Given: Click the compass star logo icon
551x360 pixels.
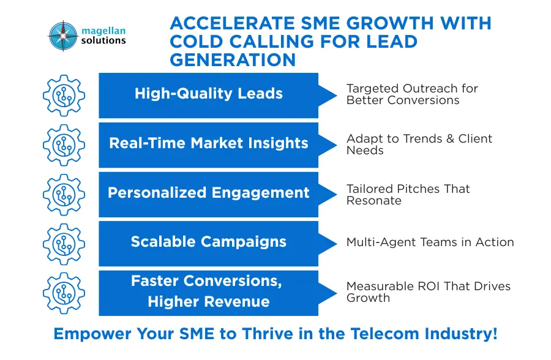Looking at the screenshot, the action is click(x=63, y=36).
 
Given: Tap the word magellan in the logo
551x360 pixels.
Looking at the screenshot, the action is click(x=103, y=31).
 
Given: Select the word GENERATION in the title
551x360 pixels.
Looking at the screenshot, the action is click(x=233, y=59).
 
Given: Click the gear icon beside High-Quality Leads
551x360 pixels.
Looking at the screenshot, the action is click(x=64, y=96).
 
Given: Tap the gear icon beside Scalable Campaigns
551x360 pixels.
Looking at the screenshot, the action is click(x=64, y=244).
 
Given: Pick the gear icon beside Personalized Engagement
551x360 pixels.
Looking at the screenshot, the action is click(x=64, y=195).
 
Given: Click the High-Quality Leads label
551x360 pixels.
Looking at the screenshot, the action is click(x=209, y=94).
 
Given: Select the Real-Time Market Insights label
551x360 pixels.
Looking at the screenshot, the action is click(x=209, y=143).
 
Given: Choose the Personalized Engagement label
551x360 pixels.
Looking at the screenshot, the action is click(x=209, y=193).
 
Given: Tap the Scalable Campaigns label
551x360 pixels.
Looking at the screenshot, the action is click(x=209, y=242).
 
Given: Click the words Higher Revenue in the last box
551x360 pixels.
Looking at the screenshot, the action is click(x=209, y=302).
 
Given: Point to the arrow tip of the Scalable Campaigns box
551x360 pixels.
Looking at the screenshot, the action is click(x=337, y=244).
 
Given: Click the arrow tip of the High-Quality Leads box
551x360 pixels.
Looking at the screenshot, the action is click(x=337, y=96).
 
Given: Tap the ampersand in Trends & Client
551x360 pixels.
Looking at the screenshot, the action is click(x=450, y=138).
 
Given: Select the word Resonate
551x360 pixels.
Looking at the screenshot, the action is click(x=374, y=200).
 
